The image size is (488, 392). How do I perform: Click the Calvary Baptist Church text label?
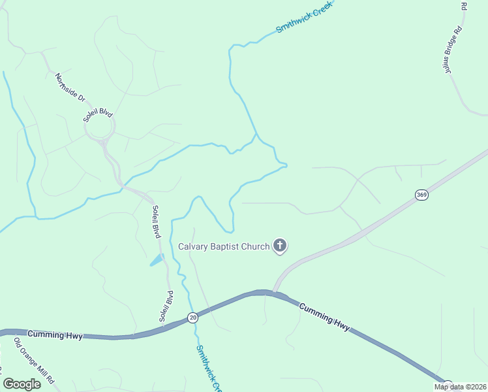click(x=224, y=246)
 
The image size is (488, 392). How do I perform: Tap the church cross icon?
click(x=280, y=246)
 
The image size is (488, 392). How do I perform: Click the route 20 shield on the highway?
click(x=192, y=318)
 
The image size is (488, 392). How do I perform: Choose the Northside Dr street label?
click(x=70, y=88)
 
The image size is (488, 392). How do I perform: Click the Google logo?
click(x=22, y=384)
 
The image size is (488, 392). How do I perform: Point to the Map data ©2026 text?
click(x=460, y=387)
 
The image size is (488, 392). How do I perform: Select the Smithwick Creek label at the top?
click(x=304, y=17)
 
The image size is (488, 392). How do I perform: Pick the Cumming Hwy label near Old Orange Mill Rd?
click(x=55, y=335)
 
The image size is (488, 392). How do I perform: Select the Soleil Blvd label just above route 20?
click(x=166, y=306)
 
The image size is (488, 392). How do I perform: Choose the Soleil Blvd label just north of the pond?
click(x=156, y=223)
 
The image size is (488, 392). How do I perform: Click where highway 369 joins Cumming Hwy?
click(x=274, y=291)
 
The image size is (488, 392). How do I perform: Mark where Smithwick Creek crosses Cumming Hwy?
click(x=193, y=316)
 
